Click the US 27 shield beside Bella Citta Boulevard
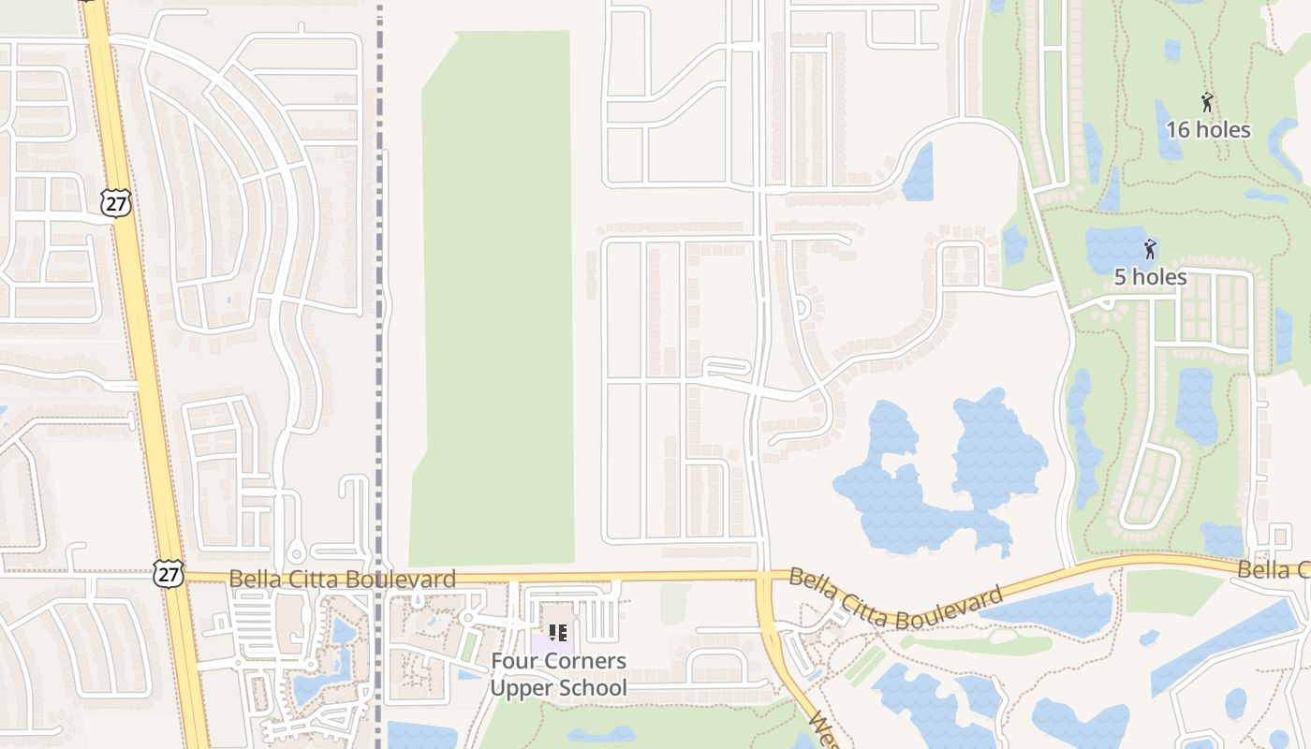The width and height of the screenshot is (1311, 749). [169, 574]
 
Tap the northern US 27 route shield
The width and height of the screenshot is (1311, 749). [117, 203]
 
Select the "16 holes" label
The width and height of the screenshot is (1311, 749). [1208, 130]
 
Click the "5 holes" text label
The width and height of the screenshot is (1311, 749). [1150, 277]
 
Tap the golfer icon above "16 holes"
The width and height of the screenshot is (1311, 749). [1207, 102]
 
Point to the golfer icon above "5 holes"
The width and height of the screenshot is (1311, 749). [1150, 249]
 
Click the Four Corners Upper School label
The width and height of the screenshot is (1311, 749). [559, 674]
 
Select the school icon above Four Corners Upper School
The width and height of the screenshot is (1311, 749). [558, 633]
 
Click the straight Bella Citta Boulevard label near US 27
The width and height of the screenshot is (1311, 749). [343, 580]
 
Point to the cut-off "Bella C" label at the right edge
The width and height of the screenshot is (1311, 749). [1274, 570]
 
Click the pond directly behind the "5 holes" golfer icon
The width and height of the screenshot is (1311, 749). [1119, 248]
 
